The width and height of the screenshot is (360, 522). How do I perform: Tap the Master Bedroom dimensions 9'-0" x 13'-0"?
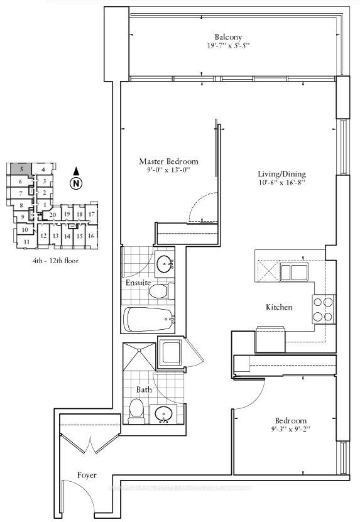tap(164, 170)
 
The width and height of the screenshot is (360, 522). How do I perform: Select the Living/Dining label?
tap(281, 173)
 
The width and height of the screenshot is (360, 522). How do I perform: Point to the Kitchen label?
tap(279, 308)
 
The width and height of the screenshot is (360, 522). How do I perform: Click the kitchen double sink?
tap(293, 272)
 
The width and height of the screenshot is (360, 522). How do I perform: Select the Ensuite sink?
tap(165, 263)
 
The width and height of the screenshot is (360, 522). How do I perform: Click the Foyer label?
tap(87, 476)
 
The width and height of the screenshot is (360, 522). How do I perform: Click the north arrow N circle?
tap(76, 183)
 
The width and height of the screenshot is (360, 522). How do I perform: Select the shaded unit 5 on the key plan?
tap(21, 169)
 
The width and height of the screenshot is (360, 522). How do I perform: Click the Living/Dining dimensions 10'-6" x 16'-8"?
tap(281, 183)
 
